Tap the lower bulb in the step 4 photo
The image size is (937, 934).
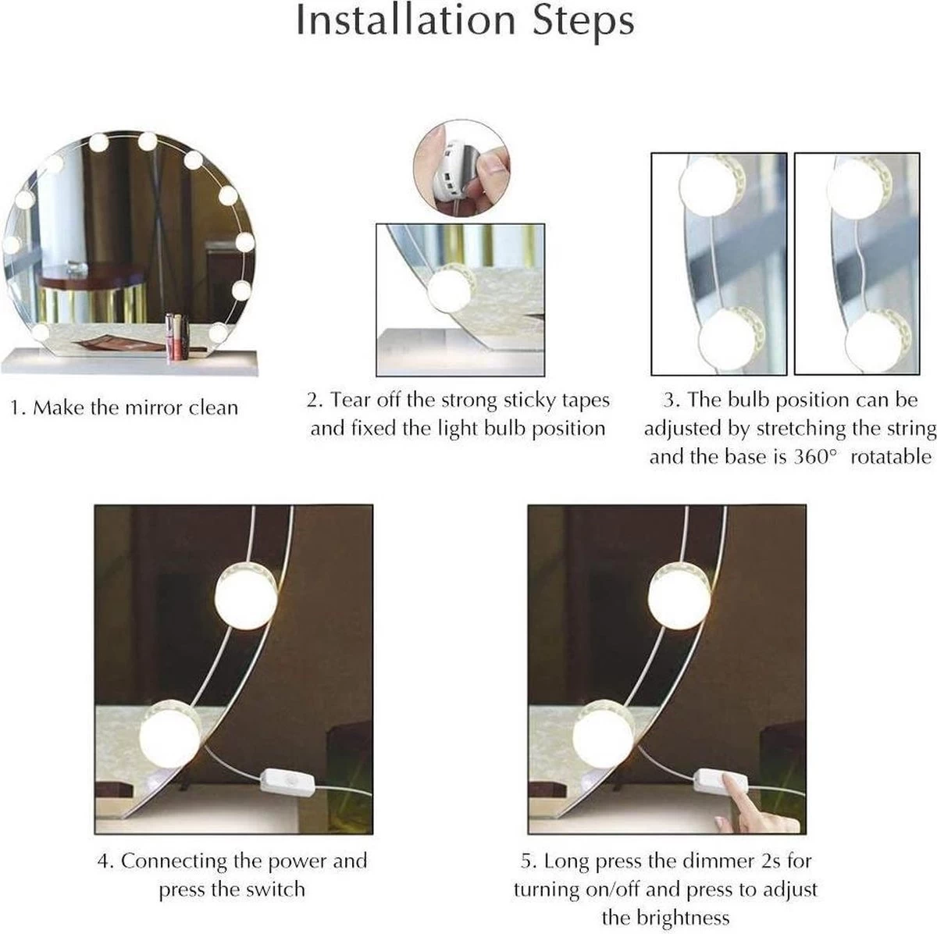pos(169,734)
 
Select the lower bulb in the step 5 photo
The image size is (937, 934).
pos(603,734)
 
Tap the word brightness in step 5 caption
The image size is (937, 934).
pos(665,918)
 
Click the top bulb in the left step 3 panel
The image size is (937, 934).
pos(713,185)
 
